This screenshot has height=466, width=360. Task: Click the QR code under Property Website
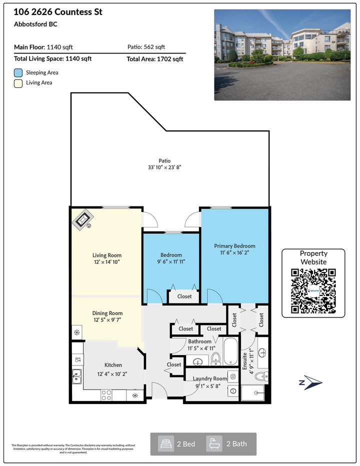313,291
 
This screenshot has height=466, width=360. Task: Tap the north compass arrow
311,382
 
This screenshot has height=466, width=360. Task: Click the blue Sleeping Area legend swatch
18,73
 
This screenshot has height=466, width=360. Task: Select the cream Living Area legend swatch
18,83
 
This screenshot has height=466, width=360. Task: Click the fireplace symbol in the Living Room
82,220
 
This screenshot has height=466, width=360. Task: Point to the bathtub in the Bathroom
230,351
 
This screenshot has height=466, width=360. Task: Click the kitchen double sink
76,376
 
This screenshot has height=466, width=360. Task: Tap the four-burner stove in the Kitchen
106,395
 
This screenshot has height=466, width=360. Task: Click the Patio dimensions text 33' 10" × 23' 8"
164,167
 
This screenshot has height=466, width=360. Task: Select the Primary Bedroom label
234,246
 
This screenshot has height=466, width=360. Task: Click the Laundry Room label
210,378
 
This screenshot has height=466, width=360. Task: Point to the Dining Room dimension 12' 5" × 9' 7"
107,320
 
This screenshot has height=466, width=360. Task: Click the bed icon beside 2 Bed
166,444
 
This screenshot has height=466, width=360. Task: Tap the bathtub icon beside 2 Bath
214,444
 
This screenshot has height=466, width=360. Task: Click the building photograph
282,55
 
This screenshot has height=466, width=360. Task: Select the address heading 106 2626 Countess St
58,12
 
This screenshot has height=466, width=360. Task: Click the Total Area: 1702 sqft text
155,59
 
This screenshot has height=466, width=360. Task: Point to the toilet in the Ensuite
261,376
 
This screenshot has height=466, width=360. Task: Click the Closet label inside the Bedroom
184,296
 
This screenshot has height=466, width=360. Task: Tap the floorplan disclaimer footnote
73,449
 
